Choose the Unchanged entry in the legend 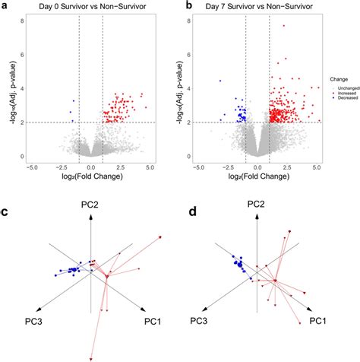pos(345,81)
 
